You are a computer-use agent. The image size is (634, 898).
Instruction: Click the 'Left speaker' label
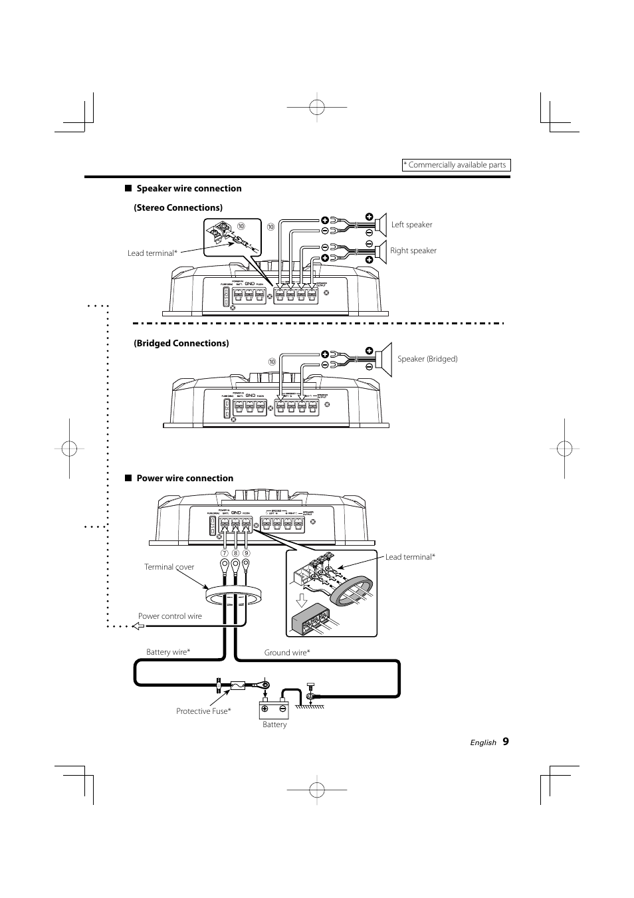[411, 225]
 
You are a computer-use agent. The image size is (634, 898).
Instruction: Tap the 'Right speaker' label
[413, 251]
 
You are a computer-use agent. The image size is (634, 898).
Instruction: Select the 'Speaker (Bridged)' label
[427, 359]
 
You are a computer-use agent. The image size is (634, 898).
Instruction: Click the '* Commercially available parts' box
[457, 165]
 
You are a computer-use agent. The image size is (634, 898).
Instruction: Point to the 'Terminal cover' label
[169, 567]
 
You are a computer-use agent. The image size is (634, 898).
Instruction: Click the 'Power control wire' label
[170, 616]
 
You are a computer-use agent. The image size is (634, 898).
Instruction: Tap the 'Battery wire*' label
[168, 652]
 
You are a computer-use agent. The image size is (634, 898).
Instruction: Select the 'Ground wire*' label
[287, 653]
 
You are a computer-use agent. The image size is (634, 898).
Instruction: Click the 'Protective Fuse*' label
[203, 711]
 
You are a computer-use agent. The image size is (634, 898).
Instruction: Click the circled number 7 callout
[225, 553]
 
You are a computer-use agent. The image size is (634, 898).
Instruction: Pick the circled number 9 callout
[246, 553]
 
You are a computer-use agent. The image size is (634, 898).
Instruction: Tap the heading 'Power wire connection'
[185, 478]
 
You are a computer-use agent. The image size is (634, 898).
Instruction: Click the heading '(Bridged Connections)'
[181, 343]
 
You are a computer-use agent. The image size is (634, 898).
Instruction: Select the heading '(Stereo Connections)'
[178, 207]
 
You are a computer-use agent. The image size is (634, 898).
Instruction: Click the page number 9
[506, 741]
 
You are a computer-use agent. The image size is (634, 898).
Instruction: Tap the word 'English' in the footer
[483, 742]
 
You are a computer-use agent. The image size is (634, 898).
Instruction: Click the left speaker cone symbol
[381, 225]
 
